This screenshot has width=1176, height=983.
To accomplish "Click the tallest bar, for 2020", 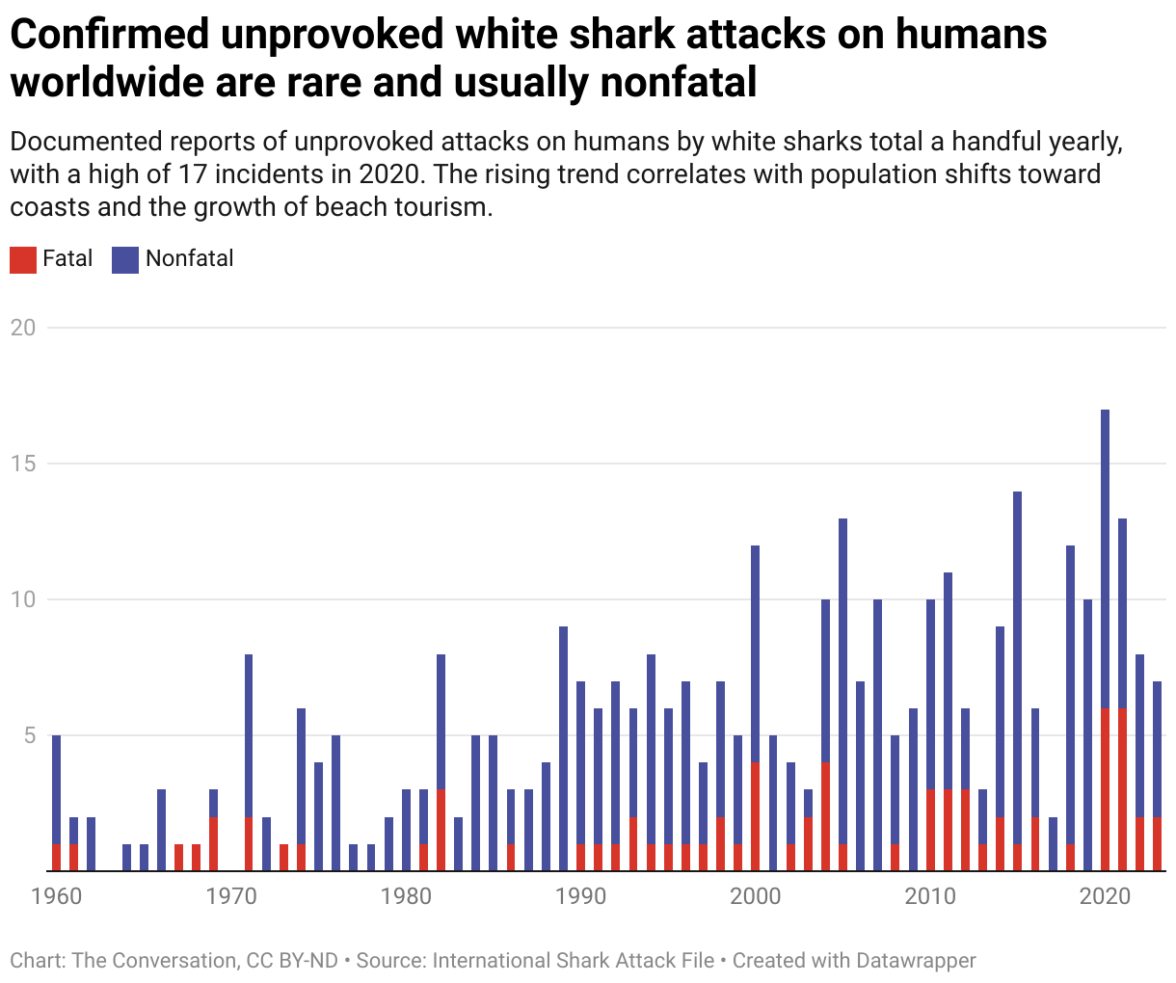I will coord(1105,578).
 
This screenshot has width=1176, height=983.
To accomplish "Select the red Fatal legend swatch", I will coord(23,259).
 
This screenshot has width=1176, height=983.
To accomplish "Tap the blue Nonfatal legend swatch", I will coord(125,259).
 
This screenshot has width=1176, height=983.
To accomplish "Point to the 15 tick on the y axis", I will coord(22,464).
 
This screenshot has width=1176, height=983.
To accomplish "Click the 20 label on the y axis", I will coord(22,328).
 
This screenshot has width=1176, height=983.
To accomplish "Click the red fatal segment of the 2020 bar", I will coord(1105,790).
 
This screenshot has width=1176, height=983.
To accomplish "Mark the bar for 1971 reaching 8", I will coord(249,732).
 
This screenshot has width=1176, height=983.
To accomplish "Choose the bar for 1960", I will coord(56,790).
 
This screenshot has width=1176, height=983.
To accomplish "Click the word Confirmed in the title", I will coord(109,35).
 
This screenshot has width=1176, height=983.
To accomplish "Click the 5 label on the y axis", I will coord(29,735).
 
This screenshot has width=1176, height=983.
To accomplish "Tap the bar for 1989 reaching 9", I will coord(563,732).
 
